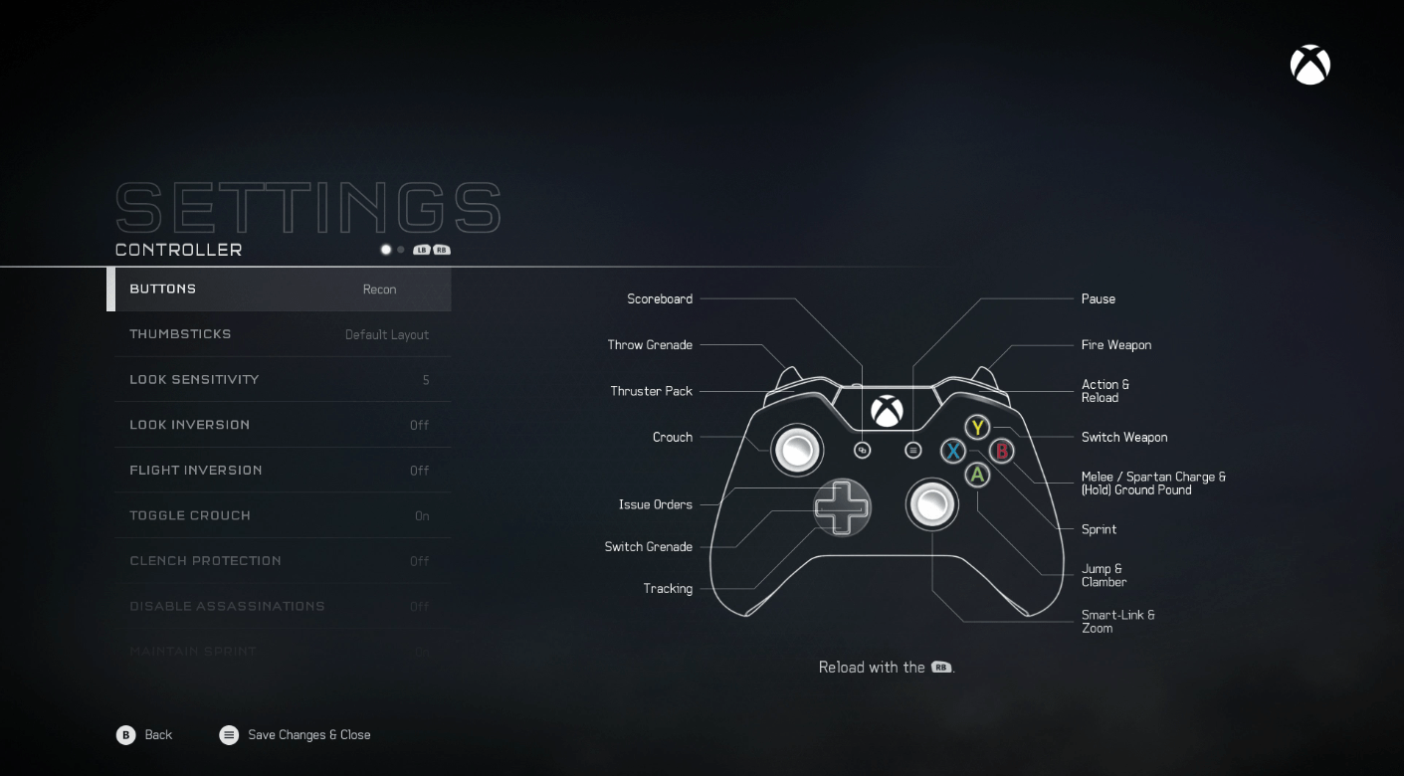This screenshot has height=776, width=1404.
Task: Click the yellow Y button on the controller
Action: [978, 428]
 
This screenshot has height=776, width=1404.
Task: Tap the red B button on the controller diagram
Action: [1002, 451]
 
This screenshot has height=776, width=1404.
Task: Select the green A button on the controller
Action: [978, 476]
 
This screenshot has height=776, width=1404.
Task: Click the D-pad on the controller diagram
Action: [842, 506]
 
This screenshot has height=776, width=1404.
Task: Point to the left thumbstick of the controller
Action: [797, 450]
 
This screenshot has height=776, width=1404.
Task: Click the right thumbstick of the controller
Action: [931, 504]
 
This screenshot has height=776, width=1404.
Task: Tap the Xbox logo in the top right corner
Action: [1309, 66]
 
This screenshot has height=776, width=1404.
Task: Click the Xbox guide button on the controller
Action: [887, 410]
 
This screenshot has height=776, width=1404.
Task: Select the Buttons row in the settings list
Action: [280, 290]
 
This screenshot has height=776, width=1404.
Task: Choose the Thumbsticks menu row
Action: [280, 334]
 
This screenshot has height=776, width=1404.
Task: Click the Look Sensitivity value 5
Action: [426, 380]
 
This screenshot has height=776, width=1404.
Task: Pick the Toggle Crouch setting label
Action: [190, 515]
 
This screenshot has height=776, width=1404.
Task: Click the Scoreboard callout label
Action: [660, 299]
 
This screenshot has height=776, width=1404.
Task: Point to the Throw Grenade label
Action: [650, 345]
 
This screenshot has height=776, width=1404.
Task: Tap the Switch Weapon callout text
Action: [1124, 438]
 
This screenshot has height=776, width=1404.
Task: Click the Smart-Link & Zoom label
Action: [1117, 622]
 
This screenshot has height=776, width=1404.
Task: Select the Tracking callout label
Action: [668, 589]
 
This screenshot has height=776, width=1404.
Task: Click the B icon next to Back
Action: [125, 735]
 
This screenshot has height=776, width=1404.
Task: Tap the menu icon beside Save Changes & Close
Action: [229, 735]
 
